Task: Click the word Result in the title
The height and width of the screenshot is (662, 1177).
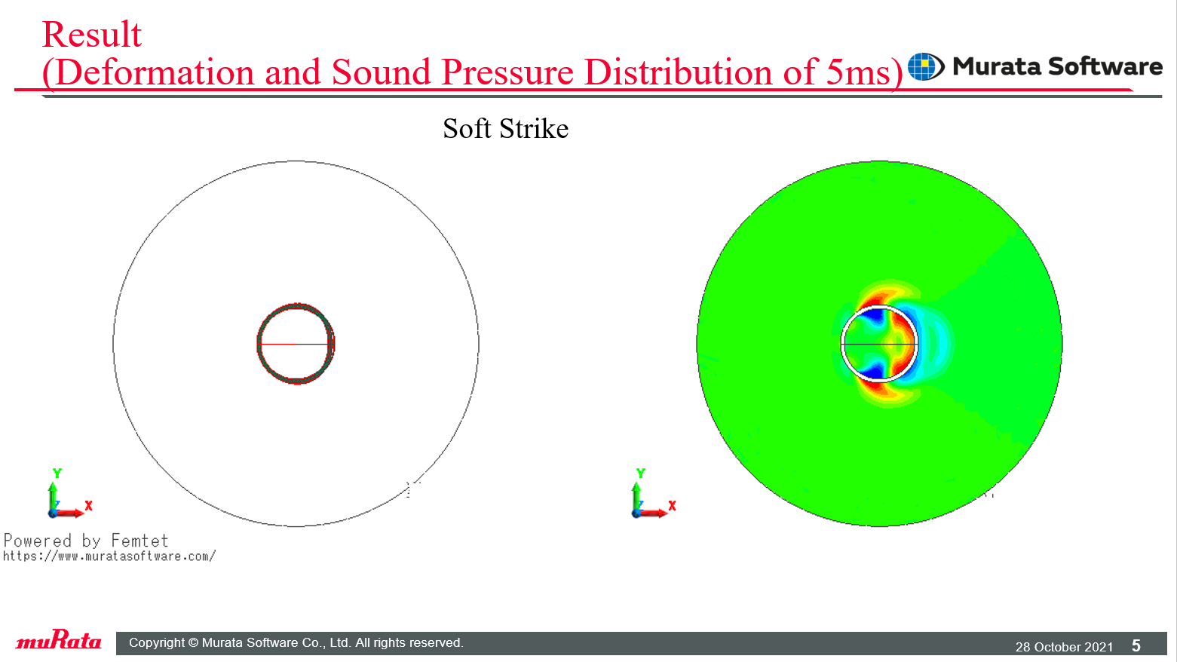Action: pyautogui.click(x=91, y=35)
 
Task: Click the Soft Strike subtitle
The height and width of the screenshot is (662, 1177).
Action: pyautogui.click(x=505, y=129)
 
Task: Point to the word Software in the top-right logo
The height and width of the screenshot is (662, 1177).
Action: pyautogui.click(x=1105, y=66)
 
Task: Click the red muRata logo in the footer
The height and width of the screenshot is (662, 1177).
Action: pyautogui.click(x=59, y=640)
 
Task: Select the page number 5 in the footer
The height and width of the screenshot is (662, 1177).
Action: pyautogui.click(x=1136, y=645)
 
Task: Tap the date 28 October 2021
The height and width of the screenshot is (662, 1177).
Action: pyautogui.click(x=1064, y=647)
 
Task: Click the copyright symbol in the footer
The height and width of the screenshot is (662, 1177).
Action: pyautogui.click(x=193, y=642)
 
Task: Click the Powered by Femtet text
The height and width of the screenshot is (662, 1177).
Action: pyautogui.click(x=86, y=541)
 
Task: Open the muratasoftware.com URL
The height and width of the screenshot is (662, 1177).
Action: pyautogui.click(x=109, y=556)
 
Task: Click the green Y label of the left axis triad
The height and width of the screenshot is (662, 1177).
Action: pyautogui.click(x=57, y=474)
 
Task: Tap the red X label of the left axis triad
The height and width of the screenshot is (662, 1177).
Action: pyautogui.click(x=88, y=505)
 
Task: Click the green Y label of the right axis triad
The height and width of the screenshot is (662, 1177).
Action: pyautogui.click(x=640, y=474)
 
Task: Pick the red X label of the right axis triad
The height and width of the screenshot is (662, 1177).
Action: pyautogui.click(x=672, y=505)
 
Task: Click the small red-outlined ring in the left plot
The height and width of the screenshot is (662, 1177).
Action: pyautogui.click(x=259, y=344)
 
